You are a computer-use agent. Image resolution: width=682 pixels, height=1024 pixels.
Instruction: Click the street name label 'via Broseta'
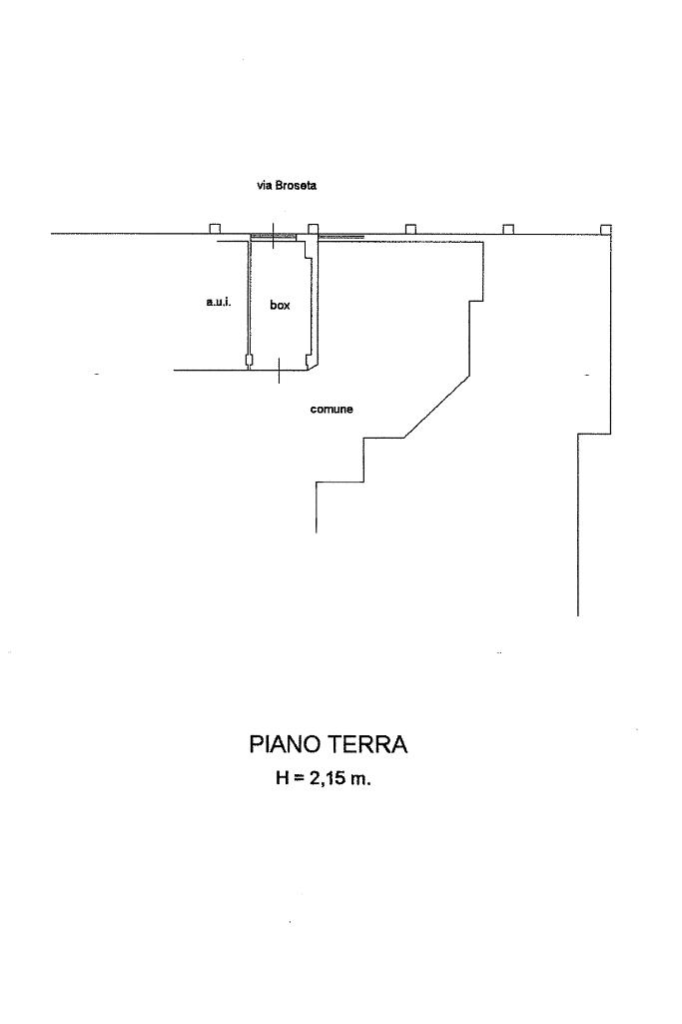(x=287, y=186)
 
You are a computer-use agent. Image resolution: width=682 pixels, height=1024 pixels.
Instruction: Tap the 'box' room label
(x=280, y=306)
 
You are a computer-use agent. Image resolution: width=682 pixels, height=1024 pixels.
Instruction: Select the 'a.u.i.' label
(x=219, y=302)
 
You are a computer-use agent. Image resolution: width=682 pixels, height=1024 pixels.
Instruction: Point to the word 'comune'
(x=332, y=409)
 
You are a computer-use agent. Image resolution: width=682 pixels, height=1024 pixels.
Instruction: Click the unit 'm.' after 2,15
(x=360, y=778)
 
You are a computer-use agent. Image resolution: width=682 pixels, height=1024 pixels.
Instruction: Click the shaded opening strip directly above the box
(x=273, y=237)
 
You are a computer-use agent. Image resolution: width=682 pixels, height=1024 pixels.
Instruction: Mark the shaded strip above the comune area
(x=341, y=237)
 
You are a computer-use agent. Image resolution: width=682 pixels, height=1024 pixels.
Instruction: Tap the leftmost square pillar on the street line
(x=215, y=229)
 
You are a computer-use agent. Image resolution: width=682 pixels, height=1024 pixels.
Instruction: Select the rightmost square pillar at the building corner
(x=605, y=229)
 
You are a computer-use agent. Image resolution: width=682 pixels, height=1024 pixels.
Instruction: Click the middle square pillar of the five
(x=410, y=229)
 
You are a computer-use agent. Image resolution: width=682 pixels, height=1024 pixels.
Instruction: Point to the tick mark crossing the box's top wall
(x=272, y=237)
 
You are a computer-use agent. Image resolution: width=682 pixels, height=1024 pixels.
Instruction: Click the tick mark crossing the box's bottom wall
(x=279, y=371)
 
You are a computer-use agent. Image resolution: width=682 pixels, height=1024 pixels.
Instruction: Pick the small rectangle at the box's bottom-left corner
(x=249, y=360)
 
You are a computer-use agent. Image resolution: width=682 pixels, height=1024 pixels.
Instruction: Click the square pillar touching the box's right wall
(x=313, y=229)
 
